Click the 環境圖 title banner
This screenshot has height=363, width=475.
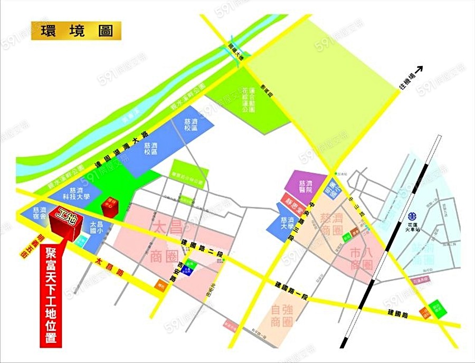pyautogui.click(x=75, y=30)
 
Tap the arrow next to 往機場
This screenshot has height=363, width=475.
pyautogui.click(x=420, y=69)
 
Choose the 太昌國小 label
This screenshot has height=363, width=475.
pyautogui.click(x=96, y=227)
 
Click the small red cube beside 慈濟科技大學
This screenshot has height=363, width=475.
pyautogui.click(x=112, y=203)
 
